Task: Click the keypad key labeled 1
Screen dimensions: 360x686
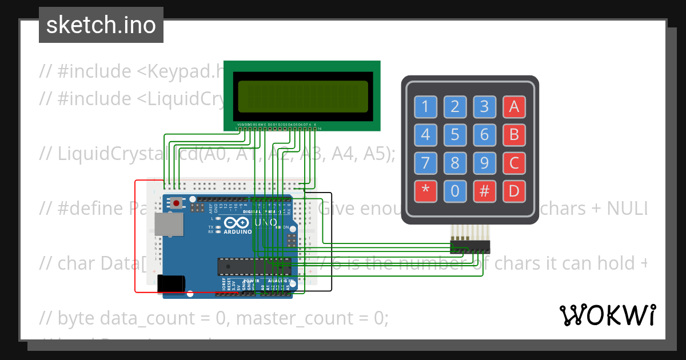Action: click(425, 106)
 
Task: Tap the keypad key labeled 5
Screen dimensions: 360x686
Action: click(455, 135)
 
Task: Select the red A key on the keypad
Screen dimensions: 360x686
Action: click(514, 106)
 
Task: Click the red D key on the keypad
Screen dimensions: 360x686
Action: click(514, 191)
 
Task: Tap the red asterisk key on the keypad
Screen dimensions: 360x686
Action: click(425, 191)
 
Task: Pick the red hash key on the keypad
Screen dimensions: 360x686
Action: click(484, 191)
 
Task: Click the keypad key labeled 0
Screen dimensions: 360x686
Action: click(455, 191)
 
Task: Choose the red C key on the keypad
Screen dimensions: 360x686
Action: click(514, 163)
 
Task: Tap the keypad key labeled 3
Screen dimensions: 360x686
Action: click(484, 106)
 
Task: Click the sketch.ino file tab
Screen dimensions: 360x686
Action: click(101, 25)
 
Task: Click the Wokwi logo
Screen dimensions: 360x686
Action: click(607, 315)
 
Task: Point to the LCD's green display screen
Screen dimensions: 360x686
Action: click(302, 95)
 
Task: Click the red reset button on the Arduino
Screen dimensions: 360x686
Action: click(177, 203)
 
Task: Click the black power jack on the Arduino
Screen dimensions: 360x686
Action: click(171, 283)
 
